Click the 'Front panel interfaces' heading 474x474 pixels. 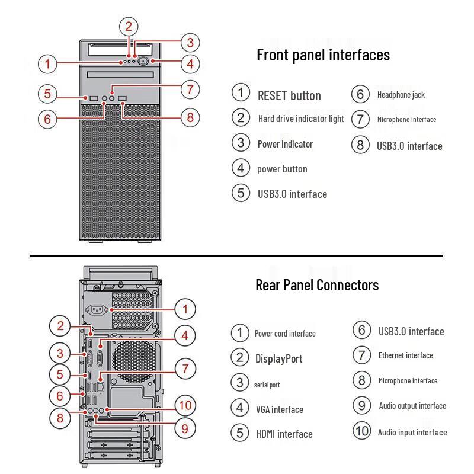[323, 55]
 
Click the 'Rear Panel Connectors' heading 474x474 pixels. [316, 285]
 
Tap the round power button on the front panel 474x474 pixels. [145, 61]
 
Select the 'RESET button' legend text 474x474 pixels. [289, 95]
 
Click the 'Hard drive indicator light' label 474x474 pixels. [301, 118]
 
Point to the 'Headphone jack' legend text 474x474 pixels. [401, 95]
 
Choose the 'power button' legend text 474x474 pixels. [282, 169]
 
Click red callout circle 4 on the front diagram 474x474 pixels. [189, 63]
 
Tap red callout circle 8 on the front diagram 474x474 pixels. [190, 117]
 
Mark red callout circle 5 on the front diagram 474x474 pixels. [48, 94]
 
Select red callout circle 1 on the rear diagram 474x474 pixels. [185, 309]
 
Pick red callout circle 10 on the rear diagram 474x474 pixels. [185, 405]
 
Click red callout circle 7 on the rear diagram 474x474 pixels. [185, 369]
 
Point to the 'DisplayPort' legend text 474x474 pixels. [278, 358]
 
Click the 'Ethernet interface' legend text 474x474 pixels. [405, 355]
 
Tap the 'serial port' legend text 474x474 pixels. [267, 385]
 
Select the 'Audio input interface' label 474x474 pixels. [412, 433]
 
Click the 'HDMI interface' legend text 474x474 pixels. [284, 434]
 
